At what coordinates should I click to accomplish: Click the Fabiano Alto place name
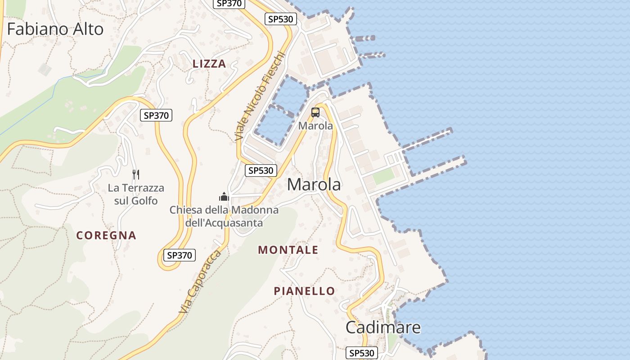click(x=55, y=29)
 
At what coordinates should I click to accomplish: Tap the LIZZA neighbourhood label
click(x=209, y=64)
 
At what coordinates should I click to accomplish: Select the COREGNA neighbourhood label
click(x=106, y=235)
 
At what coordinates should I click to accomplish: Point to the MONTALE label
click(x=288, y=250)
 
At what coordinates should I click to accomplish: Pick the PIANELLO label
click(x=305, y=291)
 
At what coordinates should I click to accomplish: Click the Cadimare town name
click(x=383, y=327)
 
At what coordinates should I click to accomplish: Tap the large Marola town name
click(x=314, y=184)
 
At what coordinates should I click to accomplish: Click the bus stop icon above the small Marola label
click(x=315, y=112)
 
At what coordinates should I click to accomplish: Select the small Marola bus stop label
click(x=315, y=126)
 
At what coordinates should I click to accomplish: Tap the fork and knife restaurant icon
click(x=136, y=174)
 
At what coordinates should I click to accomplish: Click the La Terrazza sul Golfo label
click(x=136, y=194)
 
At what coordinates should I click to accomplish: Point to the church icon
click(x=224, y=197)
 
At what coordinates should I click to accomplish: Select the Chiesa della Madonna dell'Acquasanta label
click(x=224, y=216)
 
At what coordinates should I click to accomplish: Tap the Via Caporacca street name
click(x=200, y=282)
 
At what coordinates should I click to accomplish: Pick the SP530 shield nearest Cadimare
click(x=362, y=353)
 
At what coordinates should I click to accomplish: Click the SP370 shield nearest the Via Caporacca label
click(x=180, y=255)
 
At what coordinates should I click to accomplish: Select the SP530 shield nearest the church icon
click(x=261, y=171)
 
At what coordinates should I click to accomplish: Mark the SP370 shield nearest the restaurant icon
click(x=156, y=116)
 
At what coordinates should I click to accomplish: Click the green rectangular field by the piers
click(x=383, y=176)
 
